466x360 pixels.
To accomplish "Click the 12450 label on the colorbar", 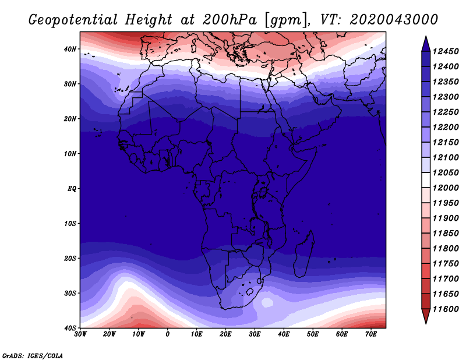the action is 446,51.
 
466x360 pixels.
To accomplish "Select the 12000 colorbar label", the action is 446,188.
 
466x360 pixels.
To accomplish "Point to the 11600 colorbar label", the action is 446,309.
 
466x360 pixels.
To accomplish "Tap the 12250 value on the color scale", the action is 446,112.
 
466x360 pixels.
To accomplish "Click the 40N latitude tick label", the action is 70,49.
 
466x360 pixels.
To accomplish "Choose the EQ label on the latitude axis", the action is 72,189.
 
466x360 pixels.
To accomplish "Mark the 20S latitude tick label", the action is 70,258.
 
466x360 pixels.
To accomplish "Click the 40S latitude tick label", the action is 70,328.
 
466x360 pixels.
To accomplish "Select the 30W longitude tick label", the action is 80,334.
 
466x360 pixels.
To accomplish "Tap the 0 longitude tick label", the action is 168,334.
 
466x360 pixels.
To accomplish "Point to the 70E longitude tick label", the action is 371,334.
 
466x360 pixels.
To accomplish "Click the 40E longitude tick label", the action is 284,334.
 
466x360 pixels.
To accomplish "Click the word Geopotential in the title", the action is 73,20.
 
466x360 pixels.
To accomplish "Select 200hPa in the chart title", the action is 230,20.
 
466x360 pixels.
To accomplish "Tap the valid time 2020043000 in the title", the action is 394,20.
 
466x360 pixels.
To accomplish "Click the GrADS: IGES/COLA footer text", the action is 33,355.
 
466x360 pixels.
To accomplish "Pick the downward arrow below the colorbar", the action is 426,316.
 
